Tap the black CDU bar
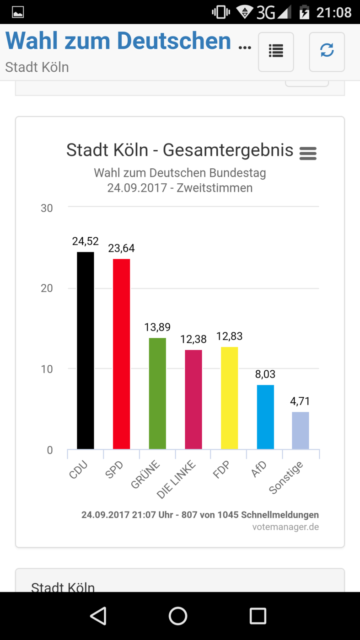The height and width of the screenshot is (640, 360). click(85, 350)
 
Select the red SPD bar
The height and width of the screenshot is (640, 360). click(121, 354)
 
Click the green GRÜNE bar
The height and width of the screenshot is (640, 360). click(157, 393)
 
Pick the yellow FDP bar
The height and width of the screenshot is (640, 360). click(229, 398)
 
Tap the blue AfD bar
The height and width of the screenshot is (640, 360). click(265, 417)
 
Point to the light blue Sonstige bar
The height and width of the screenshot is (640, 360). click(300, 430)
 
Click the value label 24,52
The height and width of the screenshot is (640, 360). click(85, 241)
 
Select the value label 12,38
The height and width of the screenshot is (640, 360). click(193, 339)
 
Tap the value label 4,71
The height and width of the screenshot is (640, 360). click(300, 401)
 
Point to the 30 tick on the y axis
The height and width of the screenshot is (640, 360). click(47, 208)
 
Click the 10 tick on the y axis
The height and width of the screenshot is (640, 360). click(47, 369)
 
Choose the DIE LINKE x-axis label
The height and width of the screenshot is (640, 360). click(176, 480)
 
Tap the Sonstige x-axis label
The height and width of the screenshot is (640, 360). click(285, 477)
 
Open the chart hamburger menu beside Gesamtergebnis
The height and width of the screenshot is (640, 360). click(308, 154)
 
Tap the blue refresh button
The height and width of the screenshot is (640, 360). click(327, 52)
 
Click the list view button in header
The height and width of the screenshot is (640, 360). click(276, 52)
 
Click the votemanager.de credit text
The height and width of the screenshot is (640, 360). click(285, 527)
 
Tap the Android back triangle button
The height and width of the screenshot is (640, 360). click(99, 616)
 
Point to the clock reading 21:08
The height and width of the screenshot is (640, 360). click(333, 13)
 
